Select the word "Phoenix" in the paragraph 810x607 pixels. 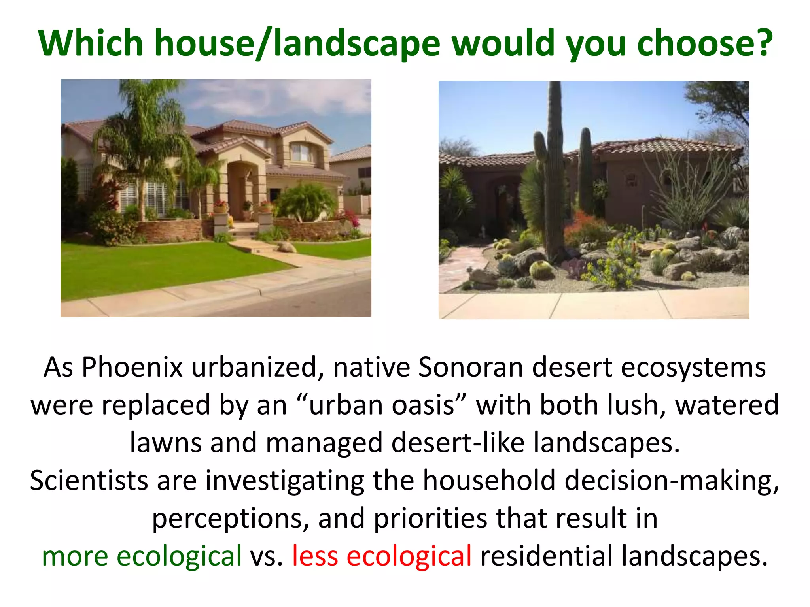132,368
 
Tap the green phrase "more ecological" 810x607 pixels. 142,556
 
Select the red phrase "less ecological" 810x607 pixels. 382,556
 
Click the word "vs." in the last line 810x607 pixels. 266,556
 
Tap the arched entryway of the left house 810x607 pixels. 242,190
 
